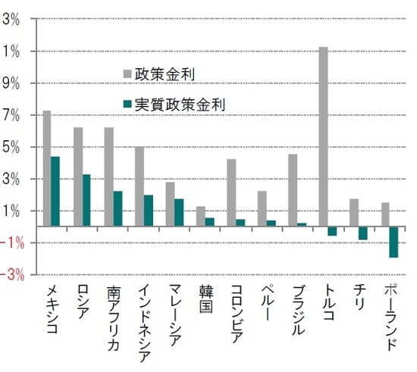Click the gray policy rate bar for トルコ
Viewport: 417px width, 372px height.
coord(323,136)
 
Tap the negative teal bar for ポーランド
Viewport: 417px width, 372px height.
coord(393,242)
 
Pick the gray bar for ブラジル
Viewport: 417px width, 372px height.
coord(293,190)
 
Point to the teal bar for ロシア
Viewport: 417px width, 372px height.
coord(86,200)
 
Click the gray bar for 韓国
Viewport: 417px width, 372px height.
coord(200,216)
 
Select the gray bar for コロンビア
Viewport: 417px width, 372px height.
coord(231,192)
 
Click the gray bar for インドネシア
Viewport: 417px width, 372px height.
coord(139,186)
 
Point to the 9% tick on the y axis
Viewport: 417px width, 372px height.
coord(11,83)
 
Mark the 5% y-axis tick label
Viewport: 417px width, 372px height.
coord(11,147)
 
